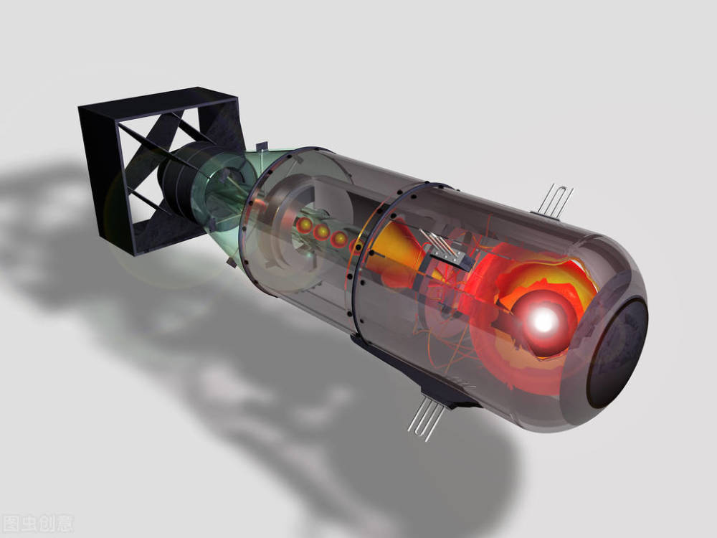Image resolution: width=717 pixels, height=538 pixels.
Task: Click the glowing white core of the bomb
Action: (x=544, y=321)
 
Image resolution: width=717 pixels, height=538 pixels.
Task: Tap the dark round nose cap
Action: (x=618, y=353)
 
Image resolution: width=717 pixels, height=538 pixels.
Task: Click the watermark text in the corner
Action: (x=38, y=523)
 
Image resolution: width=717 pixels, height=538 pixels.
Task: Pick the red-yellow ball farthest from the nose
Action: (x=305, y=225)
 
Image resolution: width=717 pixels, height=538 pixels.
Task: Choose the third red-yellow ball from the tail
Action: (x=339, y=239)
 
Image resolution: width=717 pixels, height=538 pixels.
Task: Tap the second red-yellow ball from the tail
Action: (x=322, y=232)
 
